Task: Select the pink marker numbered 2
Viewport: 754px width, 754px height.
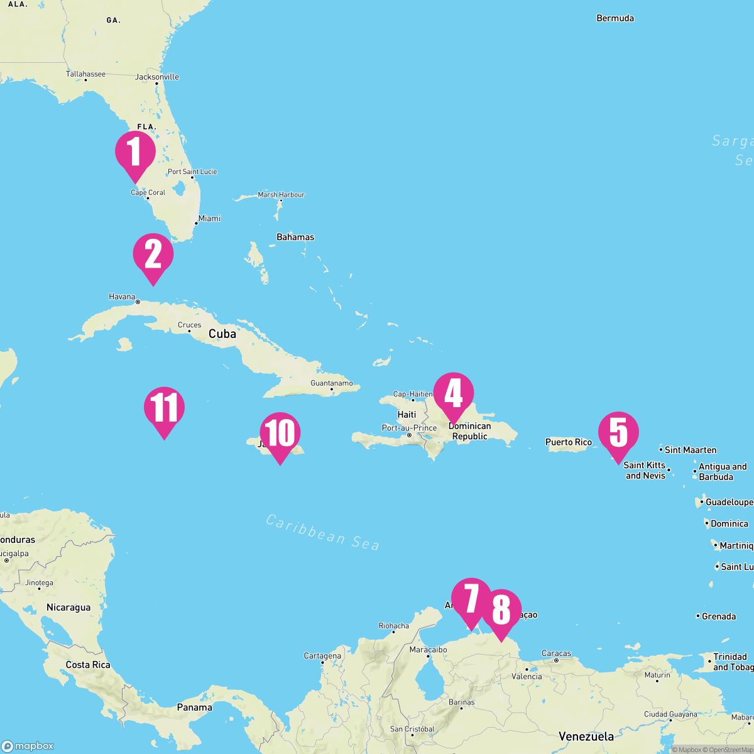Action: click(x=153, y=254)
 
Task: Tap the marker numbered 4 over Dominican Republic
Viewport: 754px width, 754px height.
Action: click(x=453, y=394)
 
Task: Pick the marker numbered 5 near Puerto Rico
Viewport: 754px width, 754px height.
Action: click(x=618, y=432)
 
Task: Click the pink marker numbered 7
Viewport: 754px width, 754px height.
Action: click(x=471, y=599)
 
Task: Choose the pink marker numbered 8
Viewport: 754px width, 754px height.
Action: click(x=501, y=610)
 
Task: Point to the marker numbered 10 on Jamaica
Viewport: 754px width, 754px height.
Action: click(x=280, y=434)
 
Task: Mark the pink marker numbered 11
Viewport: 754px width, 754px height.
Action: click(x=164, y=408)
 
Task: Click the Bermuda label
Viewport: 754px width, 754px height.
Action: click(x=615, y=18)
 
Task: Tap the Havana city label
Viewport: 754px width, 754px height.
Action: click(x=123, y=297)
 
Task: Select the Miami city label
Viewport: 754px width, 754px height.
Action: click(x=209, y=219)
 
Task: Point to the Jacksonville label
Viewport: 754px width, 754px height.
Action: click(x=157, y=77)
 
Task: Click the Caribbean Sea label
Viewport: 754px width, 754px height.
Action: click(x=322, y=532)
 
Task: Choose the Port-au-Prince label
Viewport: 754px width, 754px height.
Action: click(x=409, y=428)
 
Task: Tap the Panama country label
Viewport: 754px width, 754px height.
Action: click(x=194, y=708)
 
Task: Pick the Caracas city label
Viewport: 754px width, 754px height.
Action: click(x=556, y=653)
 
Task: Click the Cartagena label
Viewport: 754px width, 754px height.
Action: click(x=322, y=655)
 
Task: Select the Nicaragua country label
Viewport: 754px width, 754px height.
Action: click(x=68, y=608)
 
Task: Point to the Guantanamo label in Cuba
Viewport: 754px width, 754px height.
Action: click(x=332, y=383)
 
